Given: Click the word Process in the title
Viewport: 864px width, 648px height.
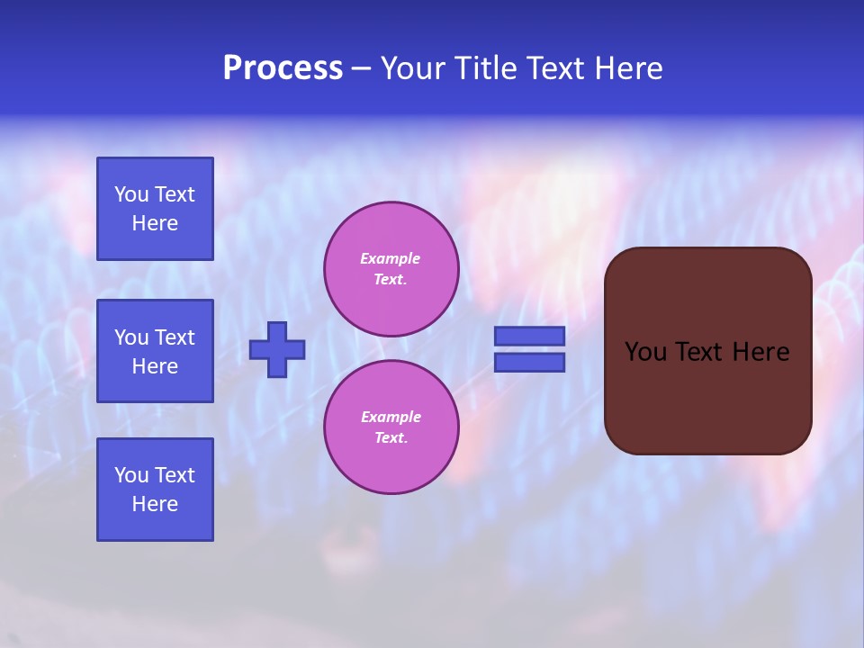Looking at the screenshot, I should point(283,68).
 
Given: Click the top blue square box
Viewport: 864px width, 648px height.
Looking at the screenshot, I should point(155,209).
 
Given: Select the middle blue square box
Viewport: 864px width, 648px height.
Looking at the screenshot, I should point(155,351).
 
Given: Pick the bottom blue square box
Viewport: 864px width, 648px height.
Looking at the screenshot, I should point(155,490).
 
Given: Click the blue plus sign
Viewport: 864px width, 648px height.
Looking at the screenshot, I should point(277,349).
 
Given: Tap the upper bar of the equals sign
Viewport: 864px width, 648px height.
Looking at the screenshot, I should point(529,336).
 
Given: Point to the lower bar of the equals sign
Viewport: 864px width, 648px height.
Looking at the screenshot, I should point(529,362).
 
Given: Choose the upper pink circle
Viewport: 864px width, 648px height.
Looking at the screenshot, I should point(391,269).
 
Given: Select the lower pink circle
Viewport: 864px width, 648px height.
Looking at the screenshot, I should point(391,427).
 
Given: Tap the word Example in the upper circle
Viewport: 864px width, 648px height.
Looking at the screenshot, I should point(391,258).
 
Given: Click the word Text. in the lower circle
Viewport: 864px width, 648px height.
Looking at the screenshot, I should point(391,438).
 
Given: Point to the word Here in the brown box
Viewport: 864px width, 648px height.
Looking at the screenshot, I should point(760,352).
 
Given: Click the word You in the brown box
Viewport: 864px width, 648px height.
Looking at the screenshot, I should point(644,352).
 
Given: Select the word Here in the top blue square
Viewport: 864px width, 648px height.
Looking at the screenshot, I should point(155,223).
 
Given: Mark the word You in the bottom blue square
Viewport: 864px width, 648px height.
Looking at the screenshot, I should point(132,475).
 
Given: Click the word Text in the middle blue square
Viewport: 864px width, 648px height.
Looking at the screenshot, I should point(175,337).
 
